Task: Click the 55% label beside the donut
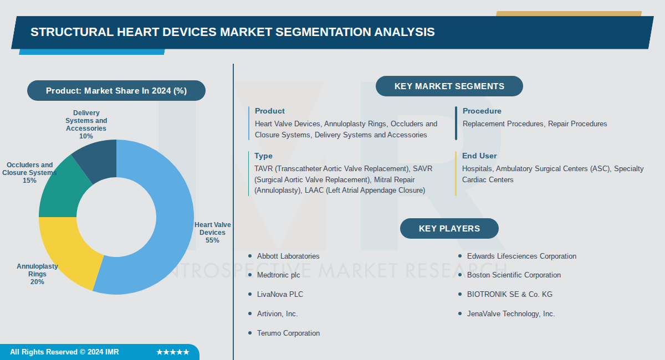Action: [x=212, y=240]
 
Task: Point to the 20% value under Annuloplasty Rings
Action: [x=37, y=282]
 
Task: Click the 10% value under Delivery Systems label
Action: [x=86, y=136]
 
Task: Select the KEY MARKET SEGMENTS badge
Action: [x=449, y=86]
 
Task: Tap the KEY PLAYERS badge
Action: [x=449, y=229]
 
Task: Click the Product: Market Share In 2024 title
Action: [x=116, y=91]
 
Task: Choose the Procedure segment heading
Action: [x=482, y=111]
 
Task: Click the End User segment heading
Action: [x=479, y=156]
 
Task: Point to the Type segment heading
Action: [x=263, y=156]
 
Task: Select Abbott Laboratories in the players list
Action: [x=288, y=256]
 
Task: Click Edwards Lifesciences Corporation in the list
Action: [x=521, y=256]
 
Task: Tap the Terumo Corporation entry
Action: [x=288, y=333]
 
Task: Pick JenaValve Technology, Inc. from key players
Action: [x=510, y=314]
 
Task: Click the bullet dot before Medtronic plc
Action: [x=250, y=275]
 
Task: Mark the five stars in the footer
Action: [x=173, y=352]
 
